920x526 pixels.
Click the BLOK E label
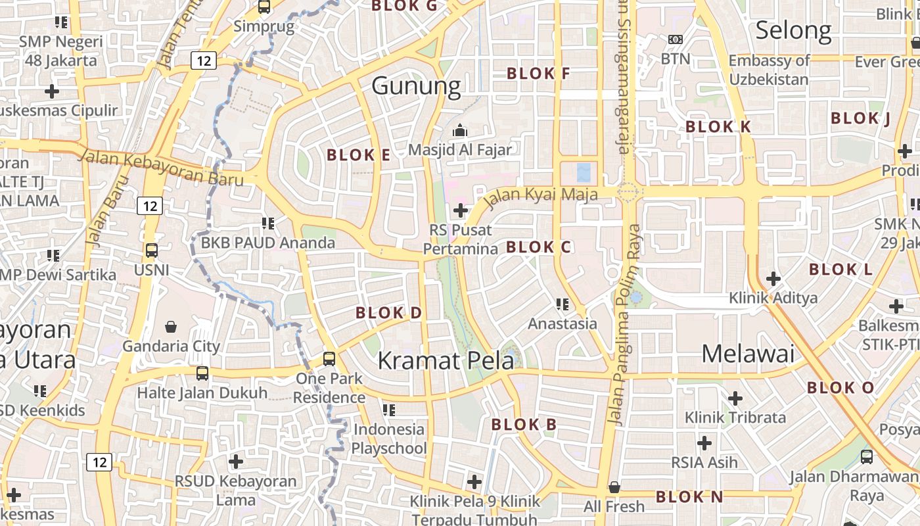[358, 155]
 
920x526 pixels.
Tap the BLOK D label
[388, 313]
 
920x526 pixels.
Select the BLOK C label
[539, 247]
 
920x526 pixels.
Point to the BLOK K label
[718, 127]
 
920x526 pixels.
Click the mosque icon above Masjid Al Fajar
[459, 130]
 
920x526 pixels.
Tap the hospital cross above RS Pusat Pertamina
[461, 210]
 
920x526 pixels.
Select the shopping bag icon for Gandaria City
[171, 327]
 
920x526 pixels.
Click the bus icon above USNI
[152, 251]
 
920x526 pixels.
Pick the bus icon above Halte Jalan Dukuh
[202, 373]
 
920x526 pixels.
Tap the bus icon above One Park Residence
[329, 359]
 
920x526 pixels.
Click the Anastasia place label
[563, 323]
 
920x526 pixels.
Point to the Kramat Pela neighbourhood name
[446, 360]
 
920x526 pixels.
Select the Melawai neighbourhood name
[748, 354]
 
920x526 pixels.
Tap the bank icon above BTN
[675, 39]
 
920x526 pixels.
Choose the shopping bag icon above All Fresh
[614, 487]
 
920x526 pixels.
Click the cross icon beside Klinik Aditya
[773, 279]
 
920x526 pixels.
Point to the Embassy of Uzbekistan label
[769, 70]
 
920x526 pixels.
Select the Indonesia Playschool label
[388, 439]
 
